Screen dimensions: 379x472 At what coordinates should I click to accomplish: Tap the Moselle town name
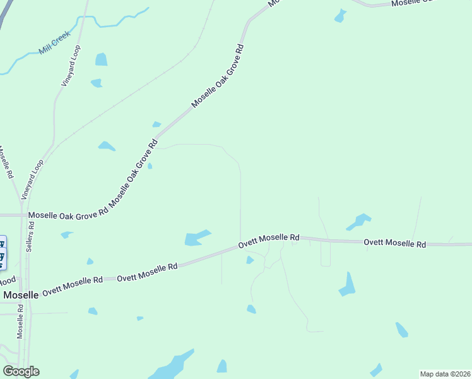pos(21,294)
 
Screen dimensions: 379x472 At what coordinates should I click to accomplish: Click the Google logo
pos(21,371)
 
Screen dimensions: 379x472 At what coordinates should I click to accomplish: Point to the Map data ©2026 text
pos(445,374)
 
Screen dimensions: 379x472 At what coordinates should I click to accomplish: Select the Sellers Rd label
pos(30,237)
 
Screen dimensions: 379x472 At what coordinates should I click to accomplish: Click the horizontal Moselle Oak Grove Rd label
pos(68,215)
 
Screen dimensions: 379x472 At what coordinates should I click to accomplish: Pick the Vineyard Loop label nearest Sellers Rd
pos(33,180)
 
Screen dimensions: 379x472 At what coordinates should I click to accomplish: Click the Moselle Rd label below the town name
pos(21,322)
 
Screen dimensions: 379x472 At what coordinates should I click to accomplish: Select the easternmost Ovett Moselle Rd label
pos(395,243)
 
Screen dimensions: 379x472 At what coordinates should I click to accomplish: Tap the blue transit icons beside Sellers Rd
pos(3,250)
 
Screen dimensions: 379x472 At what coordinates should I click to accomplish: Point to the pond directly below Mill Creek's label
pos(101,59)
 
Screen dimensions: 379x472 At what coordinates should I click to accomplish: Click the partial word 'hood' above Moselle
pos(8,281)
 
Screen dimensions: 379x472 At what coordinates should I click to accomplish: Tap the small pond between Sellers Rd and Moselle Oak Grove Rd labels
pos(66,235)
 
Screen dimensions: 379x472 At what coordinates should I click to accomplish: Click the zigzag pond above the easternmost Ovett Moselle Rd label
pos(358,222)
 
